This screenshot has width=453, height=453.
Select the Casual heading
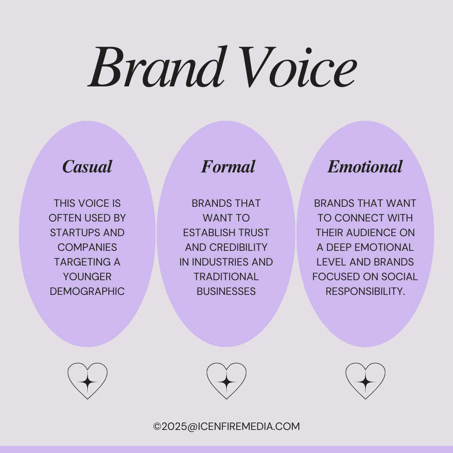click(87, 167)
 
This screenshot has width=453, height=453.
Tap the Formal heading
click(228, 167)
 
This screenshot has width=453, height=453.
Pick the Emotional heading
click(365, 167)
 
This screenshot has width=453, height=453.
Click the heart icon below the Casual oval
click(88, 381)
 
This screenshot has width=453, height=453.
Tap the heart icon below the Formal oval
click(226, 381)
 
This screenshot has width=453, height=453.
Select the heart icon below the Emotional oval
click(365, 381)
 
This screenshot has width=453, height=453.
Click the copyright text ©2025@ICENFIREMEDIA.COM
click(226, 427)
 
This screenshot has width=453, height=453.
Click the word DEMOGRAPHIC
click(87, 292)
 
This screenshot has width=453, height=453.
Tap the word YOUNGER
click(87, 277)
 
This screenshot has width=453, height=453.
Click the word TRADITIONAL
click(226, 277)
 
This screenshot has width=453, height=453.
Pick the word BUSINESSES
click(226, 292)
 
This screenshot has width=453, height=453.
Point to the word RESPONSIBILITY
click(365, 292)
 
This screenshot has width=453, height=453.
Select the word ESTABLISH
click(208, 233)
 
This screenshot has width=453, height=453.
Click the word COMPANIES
click(87, 247)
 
